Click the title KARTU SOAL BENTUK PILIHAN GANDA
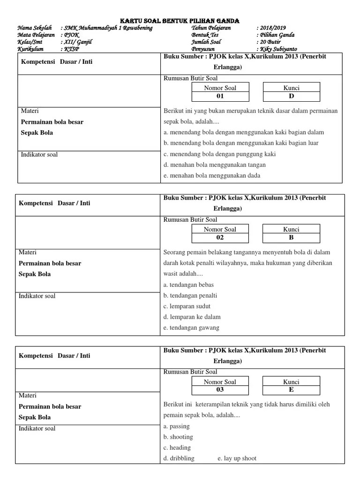[x=180, y=21]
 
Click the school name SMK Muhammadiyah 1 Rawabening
[x=108, y=28]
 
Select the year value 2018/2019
[x=272, y=28]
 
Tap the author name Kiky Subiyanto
[x=278, y=49]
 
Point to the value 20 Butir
[x=270, y=42]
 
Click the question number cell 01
[x=220, y=96]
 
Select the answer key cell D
[x=291, y=96]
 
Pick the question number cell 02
[x=220, y=238]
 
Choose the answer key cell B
[x=291, y=238]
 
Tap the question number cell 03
[x=220, y=390]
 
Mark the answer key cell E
[x=291, y=390]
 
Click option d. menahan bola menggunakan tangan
[x=215, y=165]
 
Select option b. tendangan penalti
[x=190, y=296]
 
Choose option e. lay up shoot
[x=237, y=458]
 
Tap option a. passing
[x=177, y=427]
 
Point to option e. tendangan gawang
[x=191, y=328]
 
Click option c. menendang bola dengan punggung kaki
[x=220, y=154]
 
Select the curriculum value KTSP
[x=72, y=49]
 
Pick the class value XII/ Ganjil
[x=78, y=42]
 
